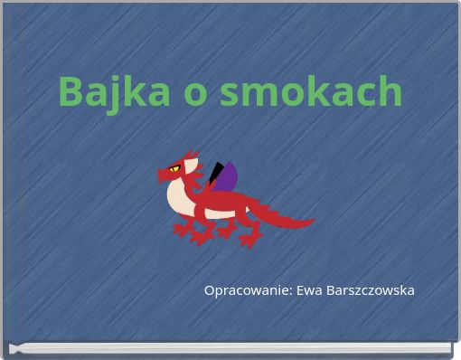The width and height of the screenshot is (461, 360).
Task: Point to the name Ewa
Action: (x=310, y=290)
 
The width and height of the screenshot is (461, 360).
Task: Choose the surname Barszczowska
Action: (x=371, y=290)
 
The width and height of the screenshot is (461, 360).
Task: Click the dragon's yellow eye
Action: (x=174, y=168)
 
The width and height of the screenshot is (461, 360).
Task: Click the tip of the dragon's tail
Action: (x=310, y=220)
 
